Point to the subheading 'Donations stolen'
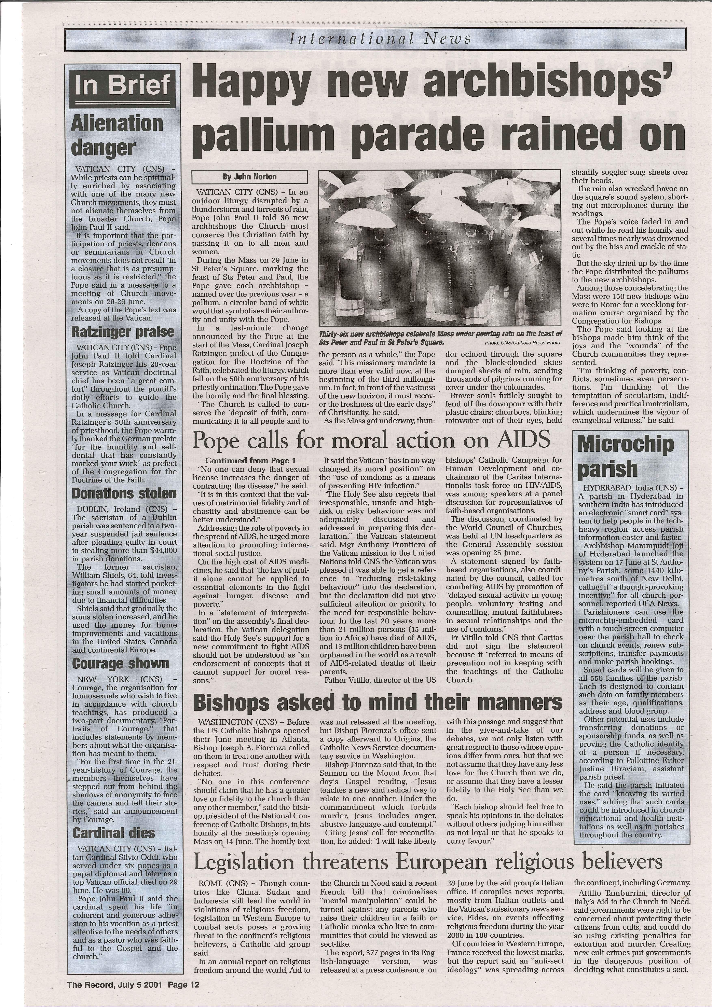124,493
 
